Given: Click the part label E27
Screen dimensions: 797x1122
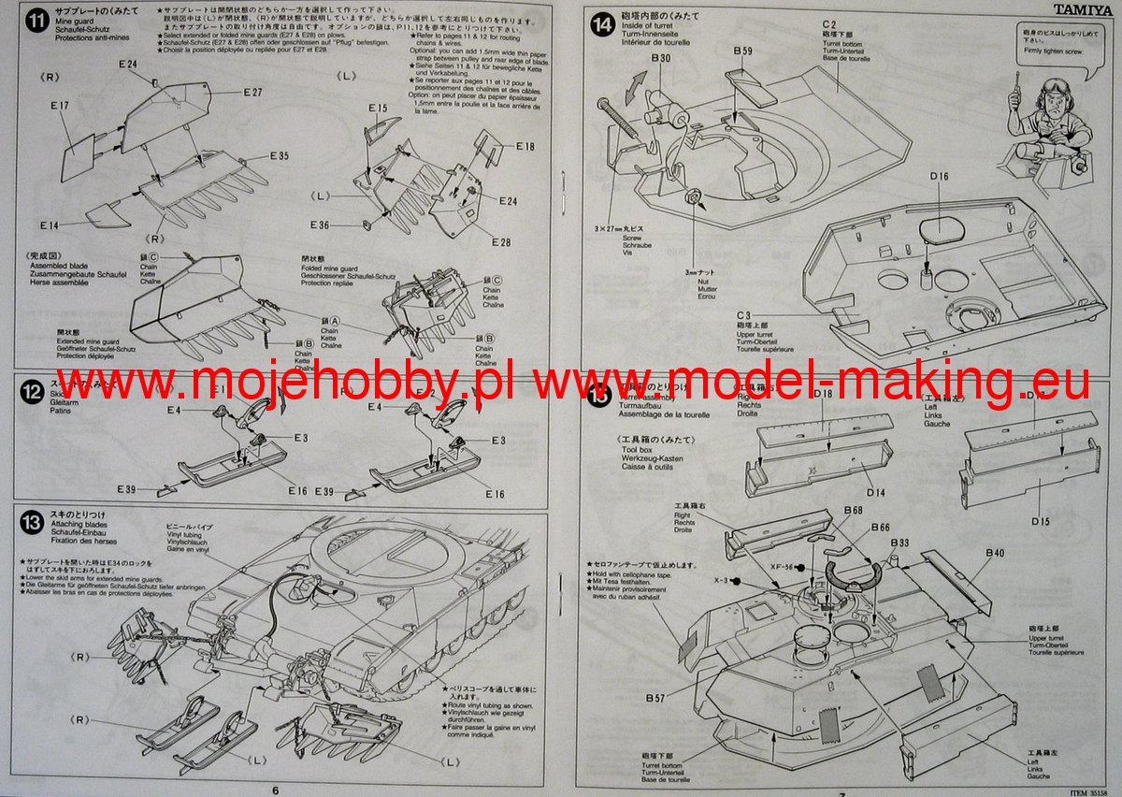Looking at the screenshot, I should (x=252, y=92).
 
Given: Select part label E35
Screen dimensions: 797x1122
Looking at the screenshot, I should (x=279, y=155).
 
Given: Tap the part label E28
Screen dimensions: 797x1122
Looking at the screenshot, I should (x=500, y=243).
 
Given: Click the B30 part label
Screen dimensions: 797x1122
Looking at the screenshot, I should (x=660, y=58).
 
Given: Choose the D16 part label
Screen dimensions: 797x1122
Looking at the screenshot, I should (x=939, y=177).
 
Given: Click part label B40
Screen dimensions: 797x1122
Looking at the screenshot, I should (x=994, y=553).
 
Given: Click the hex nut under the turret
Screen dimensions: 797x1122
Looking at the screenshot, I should (x=693, y=197).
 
